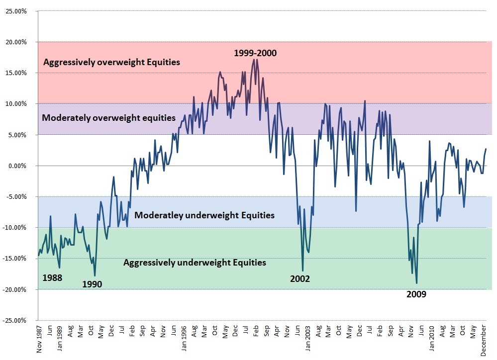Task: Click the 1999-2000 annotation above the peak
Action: point(255,53)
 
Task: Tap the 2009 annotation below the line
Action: point(416,294)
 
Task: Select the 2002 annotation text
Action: point(300,278)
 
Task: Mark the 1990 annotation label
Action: point(93,284)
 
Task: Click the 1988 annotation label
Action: point(52,277)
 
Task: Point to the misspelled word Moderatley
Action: point(159,215)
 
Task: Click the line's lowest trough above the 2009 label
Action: point(416,283)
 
